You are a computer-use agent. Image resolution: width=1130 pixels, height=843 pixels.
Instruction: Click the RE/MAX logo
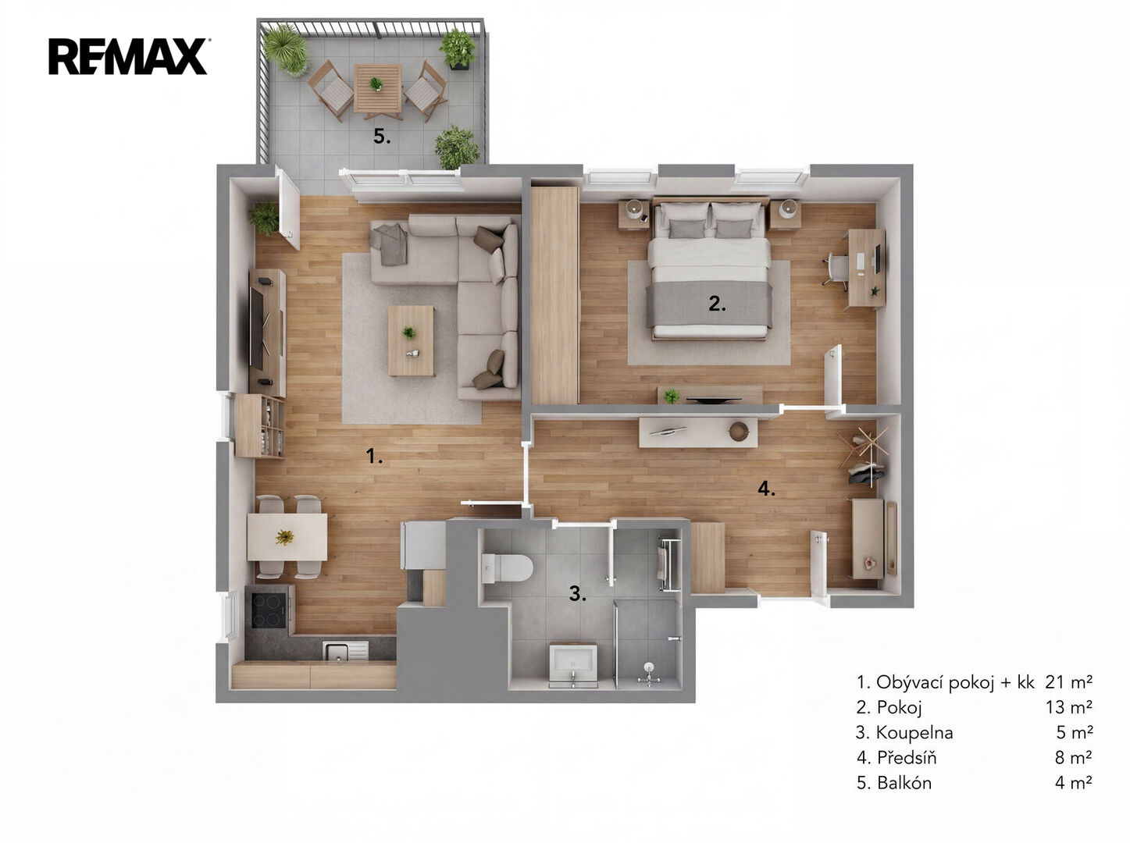point(128,56)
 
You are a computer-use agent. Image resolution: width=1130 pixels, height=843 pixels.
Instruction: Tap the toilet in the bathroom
point(507,567)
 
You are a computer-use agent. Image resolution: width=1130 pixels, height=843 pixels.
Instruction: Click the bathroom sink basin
point(573,664)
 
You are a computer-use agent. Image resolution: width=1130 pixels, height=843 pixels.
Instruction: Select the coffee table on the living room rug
point(411,340)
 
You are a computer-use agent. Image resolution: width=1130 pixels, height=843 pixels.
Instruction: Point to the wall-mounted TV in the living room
point(256,327)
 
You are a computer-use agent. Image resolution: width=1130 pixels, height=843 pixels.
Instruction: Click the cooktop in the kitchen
point(269,610)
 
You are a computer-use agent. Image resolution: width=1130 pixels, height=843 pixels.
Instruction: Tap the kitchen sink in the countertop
point(345,651)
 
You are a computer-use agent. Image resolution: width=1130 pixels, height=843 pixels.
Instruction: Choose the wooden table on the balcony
point(377,88)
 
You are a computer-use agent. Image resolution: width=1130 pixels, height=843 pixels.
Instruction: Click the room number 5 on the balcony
point(381,137)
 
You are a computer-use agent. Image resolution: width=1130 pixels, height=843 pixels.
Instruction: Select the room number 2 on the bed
point(717,304)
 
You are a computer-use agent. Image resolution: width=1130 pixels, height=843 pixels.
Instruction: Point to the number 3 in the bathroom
point(577,593)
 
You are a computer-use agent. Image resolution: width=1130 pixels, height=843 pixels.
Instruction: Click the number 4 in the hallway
point(766,488)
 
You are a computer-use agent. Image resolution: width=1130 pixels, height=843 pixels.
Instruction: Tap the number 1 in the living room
point(374,456)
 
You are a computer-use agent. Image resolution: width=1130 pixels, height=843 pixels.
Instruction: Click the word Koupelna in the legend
point(914,732)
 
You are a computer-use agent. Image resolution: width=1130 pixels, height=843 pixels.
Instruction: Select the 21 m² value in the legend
point(1068,681)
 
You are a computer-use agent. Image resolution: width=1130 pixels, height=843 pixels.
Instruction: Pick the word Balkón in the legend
point(904,782)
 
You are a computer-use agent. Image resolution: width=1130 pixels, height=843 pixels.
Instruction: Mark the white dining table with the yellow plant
point(287,537)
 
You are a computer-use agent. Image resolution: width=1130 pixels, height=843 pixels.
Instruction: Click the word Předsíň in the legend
point(907,757)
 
